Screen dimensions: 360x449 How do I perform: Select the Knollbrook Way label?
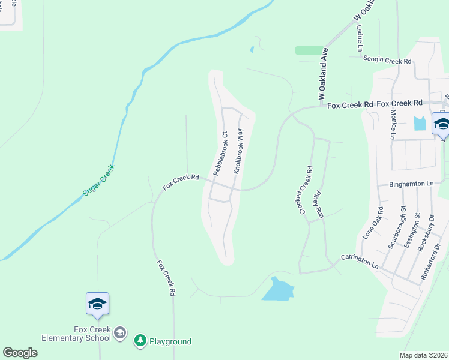pos(238,151)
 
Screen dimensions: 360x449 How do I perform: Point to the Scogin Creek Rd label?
pos(387,60)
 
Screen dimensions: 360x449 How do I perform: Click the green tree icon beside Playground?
pos(140,341)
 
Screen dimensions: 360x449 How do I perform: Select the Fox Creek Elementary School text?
pos(76,334)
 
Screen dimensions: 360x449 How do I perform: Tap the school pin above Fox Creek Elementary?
pos(97,304)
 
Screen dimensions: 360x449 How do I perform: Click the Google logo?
pos(20,352)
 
